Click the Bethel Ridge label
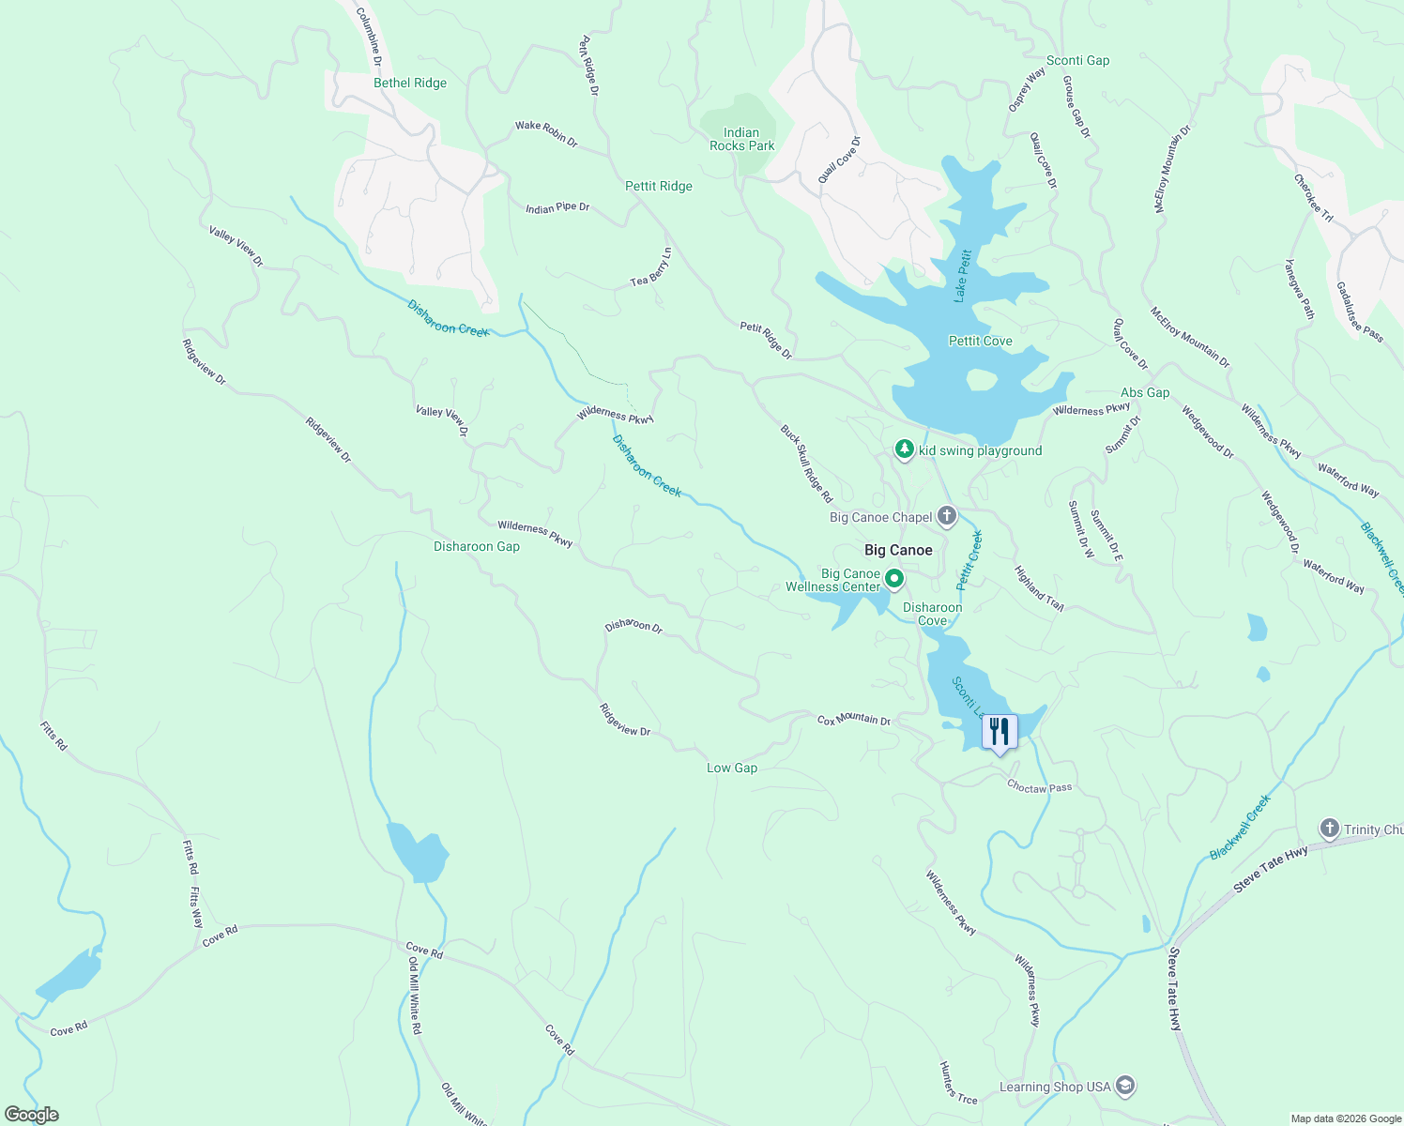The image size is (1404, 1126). coord(410,83)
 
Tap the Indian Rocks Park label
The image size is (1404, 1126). coord(741,139)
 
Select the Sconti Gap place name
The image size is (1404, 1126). coord(1077,60)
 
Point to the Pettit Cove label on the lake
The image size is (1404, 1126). coord(980,341)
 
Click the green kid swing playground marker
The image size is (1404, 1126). coord(904,450)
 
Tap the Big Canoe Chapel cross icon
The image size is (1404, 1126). coord(947,516)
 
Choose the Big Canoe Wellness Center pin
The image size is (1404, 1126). coord(894,579)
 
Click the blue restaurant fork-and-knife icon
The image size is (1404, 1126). coord(1000,732)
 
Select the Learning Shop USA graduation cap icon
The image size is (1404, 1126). coord(1126,1087)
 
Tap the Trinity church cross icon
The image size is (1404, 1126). coord(1329,829)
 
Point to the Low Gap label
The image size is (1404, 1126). coord(732,768)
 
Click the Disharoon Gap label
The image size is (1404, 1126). coord(477,546)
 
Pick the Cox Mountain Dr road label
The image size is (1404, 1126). coord(854,720)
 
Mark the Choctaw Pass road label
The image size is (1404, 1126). coord(1039,787)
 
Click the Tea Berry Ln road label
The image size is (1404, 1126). coord(651,268)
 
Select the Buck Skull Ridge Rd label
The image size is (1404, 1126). coord(807,464)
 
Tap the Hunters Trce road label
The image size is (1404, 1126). coord(958,1083)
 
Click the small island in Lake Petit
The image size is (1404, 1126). coord(981,380)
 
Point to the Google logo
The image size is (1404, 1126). coord(32,1115)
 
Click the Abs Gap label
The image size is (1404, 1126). coord(1145,392)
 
